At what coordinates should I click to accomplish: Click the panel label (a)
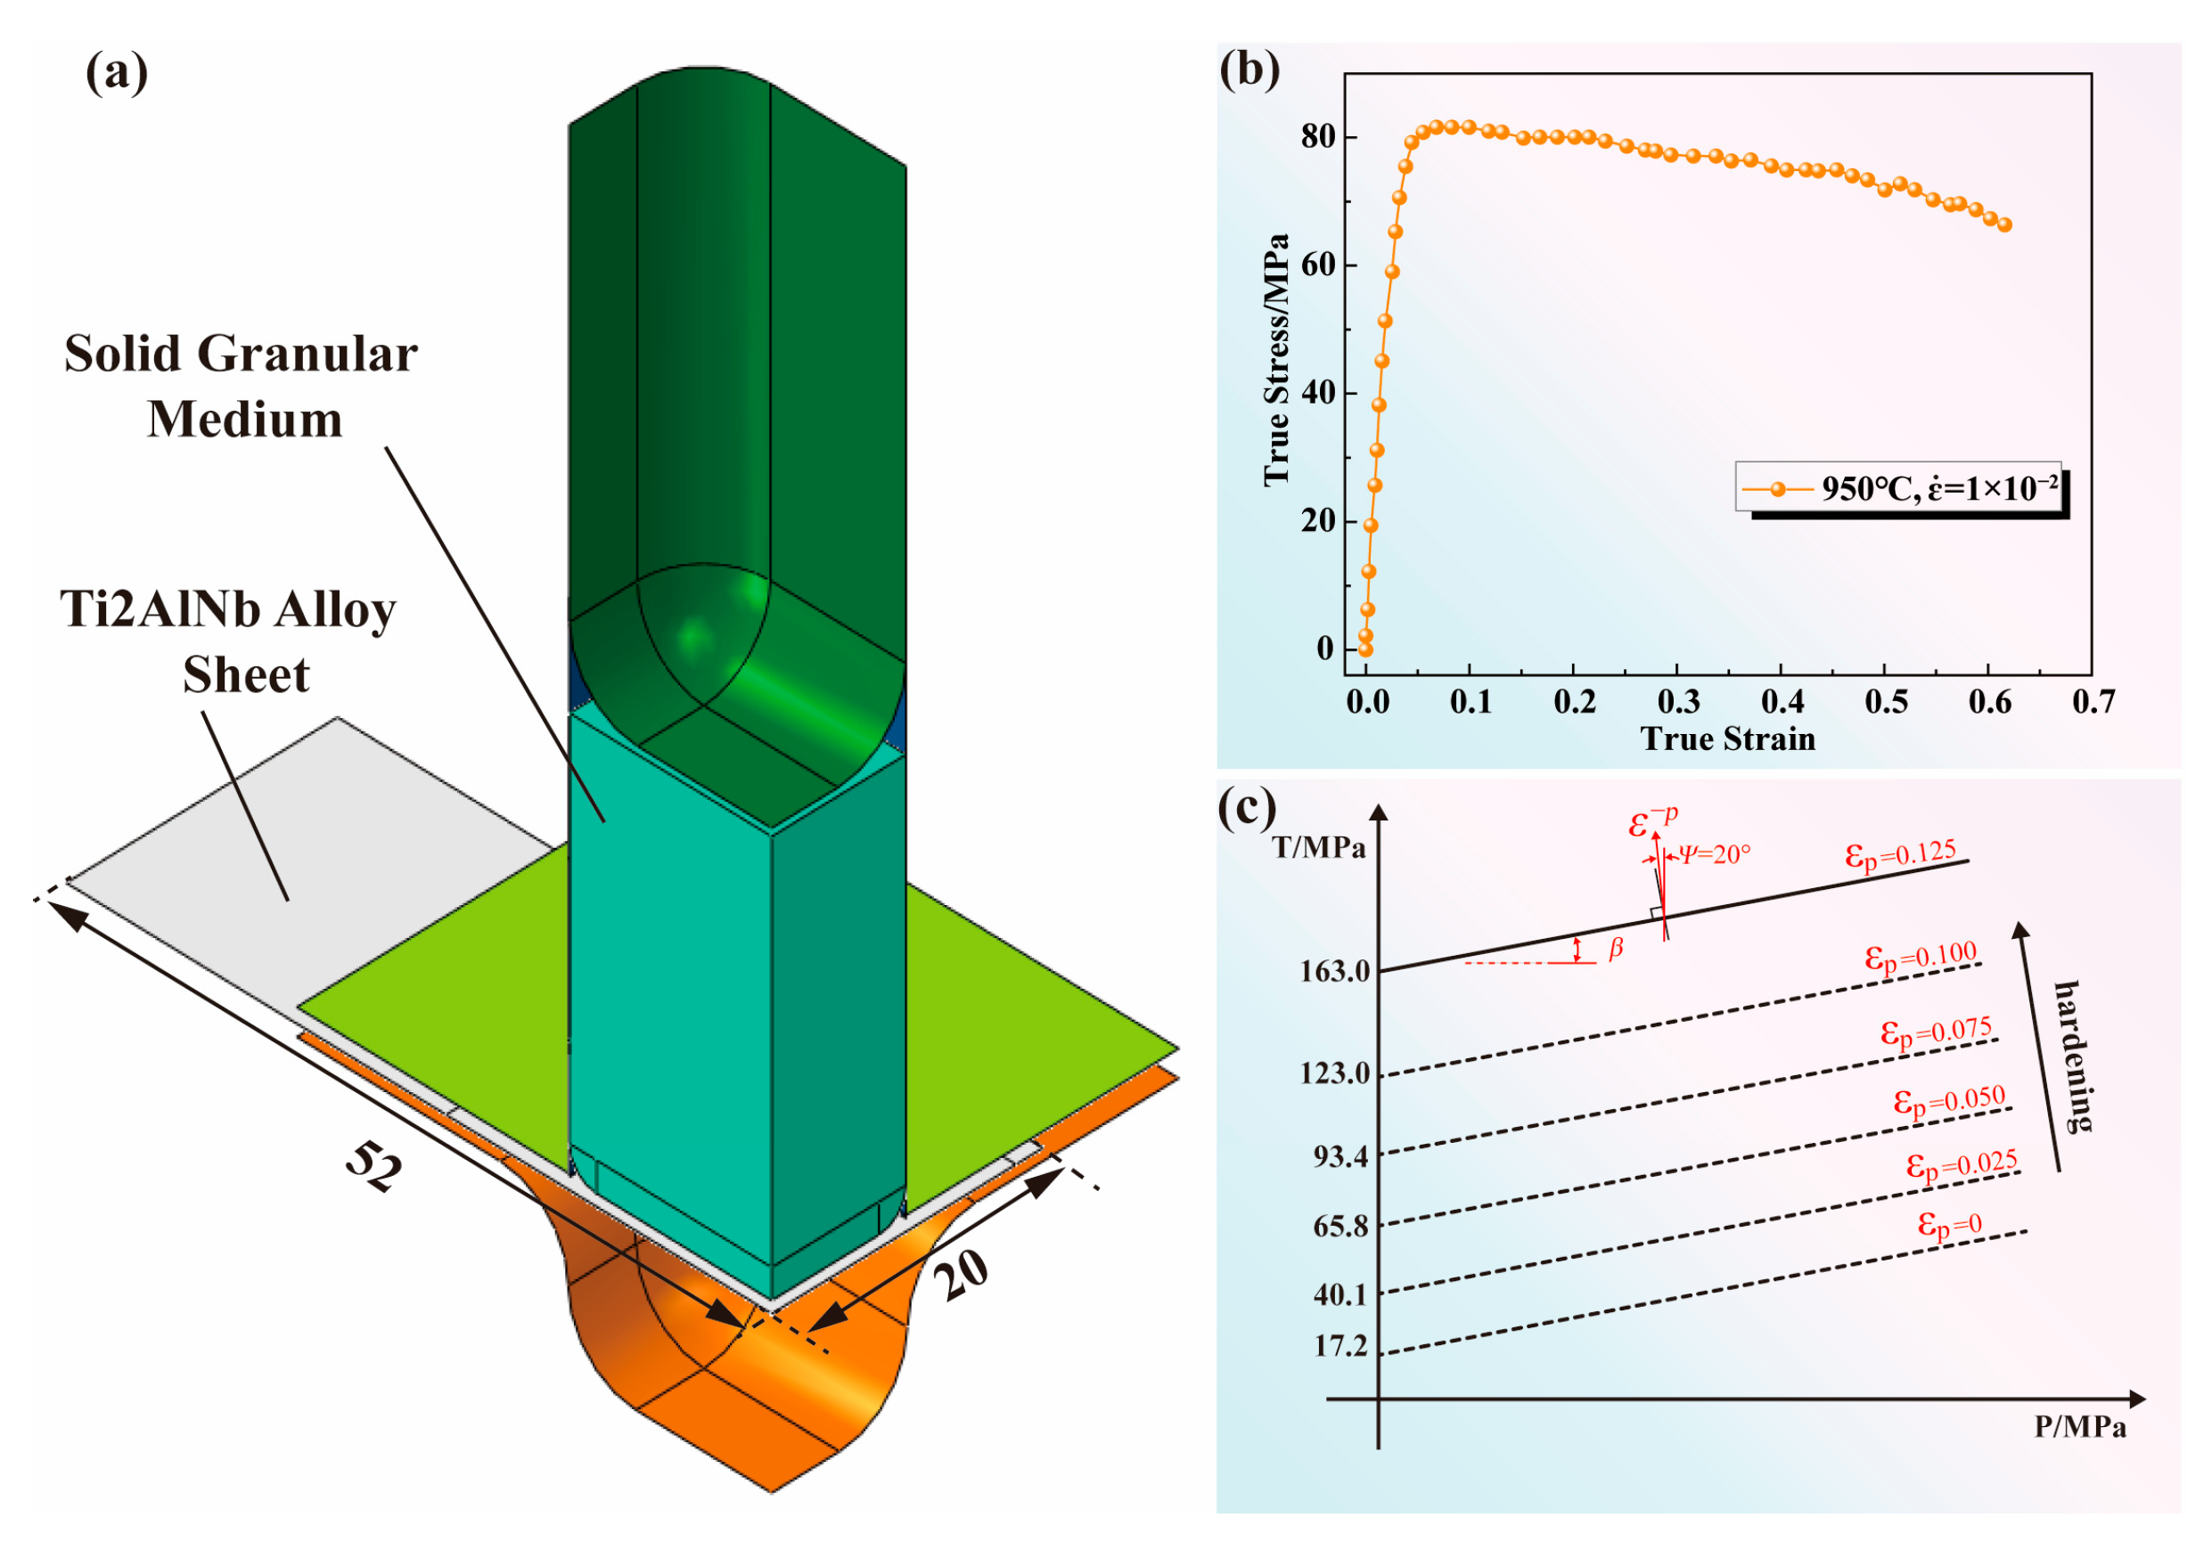[x=117, y=73]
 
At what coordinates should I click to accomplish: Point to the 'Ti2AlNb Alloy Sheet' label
[x=228, y=641]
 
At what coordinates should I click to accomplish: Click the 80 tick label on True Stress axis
[x=1318, y=137]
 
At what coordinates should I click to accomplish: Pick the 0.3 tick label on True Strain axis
[x=1677, y=702]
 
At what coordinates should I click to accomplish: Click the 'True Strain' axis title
[x=1727, y=738]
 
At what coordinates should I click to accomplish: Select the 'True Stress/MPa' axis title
[x=1275, y=359]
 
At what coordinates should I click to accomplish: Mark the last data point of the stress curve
[x=2005, y=224]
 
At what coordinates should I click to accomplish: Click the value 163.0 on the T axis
[x=1334, y=971]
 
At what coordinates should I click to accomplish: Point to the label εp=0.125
[x=1901, y=854]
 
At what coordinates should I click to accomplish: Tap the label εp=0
[x=1949, y=1225]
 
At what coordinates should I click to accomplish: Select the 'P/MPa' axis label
[x=2079, y=1427]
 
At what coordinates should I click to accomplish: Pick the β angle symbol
[x=1616, y=949]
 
